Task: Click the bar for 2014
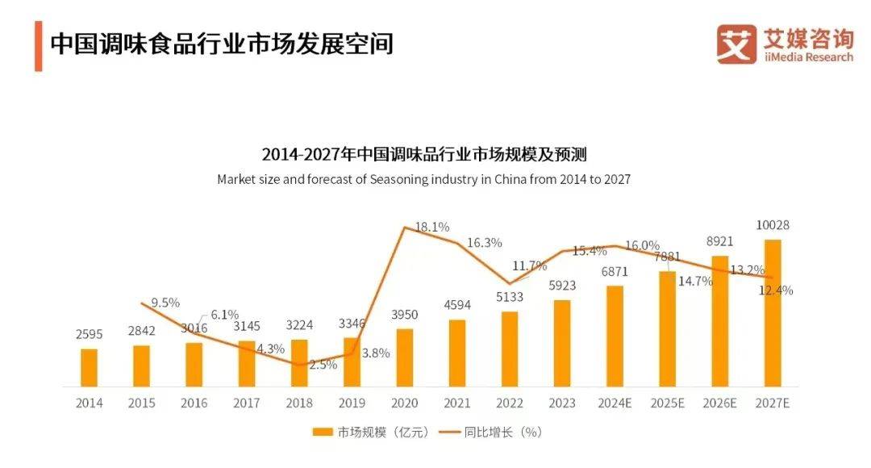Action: point(89,367)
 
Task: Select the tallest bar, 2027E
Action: point(773,312)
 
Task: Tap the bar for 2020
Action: point(405,357)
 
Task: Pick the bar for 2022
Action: point(510,349)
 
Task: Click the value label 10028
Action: point(773,225)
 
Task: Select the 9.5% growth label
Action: point(165,303)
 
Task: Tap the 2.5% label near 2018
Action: point(323,365)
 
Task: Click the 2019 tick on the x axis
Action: point(352,403)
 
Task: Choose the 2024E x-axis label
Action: point(615,403)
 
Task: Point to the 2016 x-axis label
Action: point(194,403)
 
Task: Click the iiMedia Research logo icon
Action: point(736,44)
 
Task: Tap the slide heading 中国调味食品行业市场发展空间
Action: point(222,44)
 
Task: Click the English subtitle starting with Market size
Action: point(423,179)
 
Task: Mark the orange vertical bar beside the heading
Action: point(38,45)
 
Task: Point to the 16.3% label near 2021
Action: point(485,242)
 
